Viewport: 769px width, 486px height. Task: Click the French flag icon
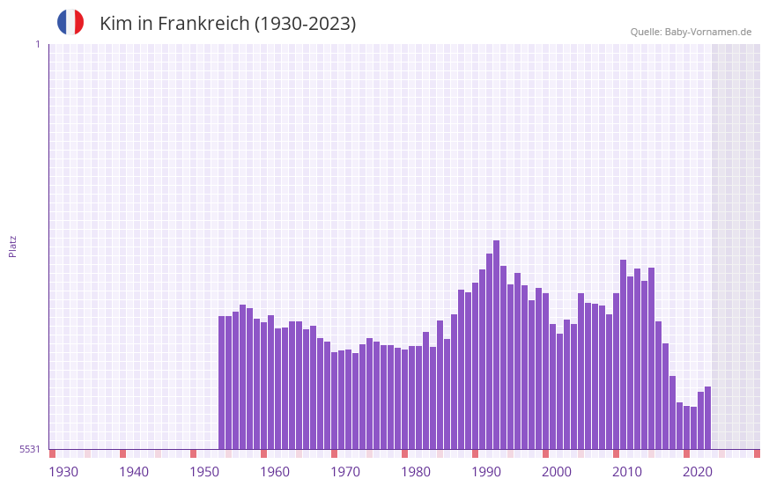pyautogui.click(x=70, y=22)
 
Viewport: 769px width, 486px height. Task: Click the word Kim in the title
pyautogui.click(x=115, y=24)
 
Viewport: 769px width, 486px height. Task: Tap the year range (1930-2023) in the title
pyautogui.click(x=306, y=24)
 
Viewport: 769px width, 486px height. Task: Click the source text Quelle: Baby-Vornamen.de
pyautogui.click(x=691, y=32)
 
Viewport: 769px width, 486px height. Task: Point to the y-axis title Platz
pyautogui.click(x=12, y=246)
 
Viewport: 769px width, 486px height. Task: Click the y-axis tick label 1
pyautogui.click(x=37, y=44)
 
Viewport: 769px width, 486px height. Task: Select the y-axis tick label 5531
pyautogui.click(x=30, y=449)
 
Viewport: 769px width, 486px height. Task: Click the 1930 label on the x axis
pyautogui.click(x=63, y=471)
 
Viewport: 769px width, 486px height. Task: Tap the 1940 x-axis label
pyautogui.click(x=134, y=471)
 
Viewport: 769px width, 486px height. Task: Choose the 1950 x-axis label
pyautogui.click(x=204, y=471)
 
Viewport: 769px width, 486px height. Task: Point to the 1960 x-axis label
pyautogui.click(x=275, y=471)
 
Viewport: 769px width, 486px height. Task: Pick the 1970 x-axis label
pyautogui.click(x=345, y=471)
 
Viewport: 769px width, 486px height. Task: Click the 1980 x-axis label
pyautogui.click(x=416, y=471)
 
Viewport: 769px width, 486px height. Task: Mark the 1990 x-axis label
pyautogui.click(x=486, y=471)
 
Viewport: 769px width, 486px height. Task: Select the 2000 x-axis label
pyautogui.click(x=557, y=471)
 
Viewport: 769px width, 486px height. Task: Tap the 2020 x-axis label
pyautogui.click(x=698, y=471)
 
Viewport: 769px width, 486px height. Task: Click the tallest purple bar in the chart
pyautogui.click(x=496, y=343)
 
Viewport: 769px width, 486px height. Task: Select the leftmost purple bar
pyautogui.click(x=222, y=382)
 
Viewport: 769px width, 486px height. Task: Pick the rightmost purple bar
pyautogui.click(x=707, y=417)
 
